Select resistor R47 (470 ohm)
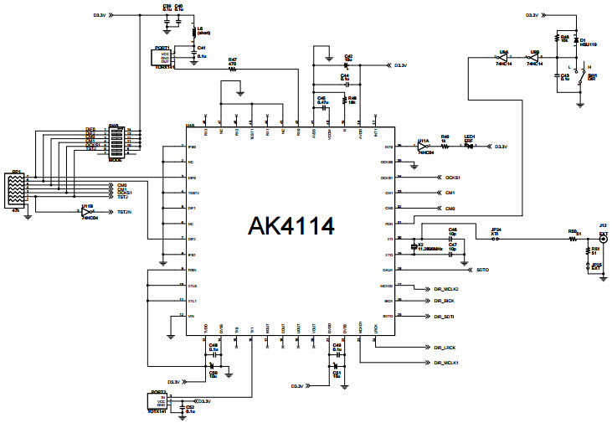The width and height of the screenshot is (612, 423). point(233,70)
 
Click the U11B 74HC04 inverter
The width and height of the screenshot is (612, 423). point(88,212)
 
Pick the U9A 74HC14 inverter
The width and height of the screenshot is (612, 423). point(502,58)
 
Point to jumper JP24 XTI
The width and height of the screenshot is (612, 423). point(496,239)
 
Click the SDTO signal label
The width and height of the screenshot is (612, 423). point(481,270)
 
